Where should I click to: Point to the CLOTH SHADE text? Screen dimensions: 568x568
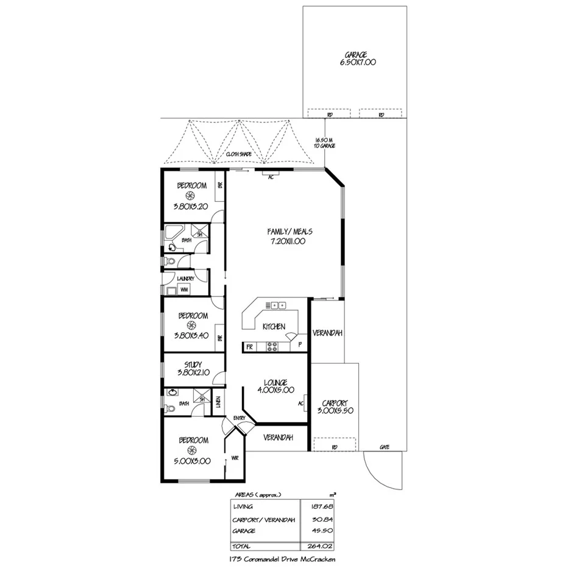pyautogui.click(x=239, y=155)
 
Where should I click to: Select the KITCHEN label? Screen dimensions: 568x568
pyautogui.click(x=274, y=327)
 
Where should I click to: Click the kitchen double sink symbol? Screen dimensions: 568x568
pyautogui.click(x=279, y=305)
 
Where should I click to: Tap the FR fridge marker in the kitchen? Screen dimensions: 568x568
pyautogui.click(x=249, y=347)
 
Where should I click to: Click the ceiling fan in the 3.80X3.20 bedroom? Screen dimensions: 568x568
pyautogui.click(x=190, y=196)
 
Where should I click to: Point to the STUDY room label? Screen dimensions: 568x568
pyautogui.click(x=193, y=365)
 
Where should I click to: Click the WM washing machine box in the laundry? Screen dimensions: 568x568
pyautogui.click(x=183, y=289)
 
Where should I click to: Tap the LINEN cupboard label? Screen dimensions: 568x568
pyautogui.click(x=219, y=402)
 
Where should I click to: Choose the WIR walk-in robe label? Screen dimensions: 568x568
pyautogui.click(x=235, y=458)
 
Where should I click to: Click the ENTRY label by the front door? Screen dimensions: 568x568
pyautogui.click(x=238, y=417)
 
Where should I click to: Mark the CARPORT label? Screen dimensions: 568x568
pyautogui.click(x=334, y=403)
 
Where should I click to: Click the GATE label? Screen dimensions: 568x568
pyautogui.click(x=385, y=447)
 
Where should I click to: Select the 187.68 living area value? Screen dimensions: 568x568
pyautogui.click(x=319, y=506)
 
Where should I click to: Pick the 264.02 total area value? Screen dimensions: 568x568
pyautogui.click(x=319, y=545)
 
